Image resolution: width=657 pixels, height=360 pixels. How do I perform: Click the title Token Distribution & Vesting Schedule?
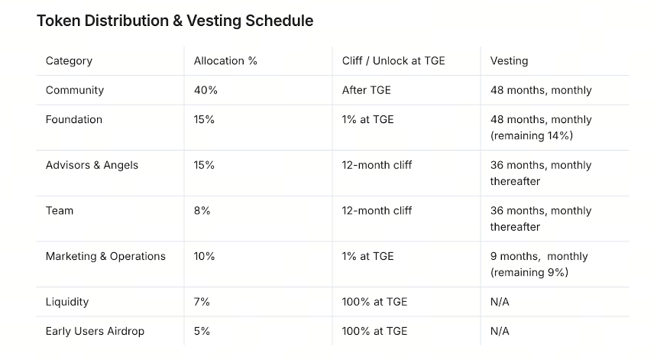pos(175,21)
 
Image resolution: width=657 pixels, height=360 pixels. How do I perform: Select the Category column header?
pos(69,61)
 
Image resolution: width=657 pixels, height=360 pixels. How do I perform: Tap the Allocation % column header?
pos(225,61)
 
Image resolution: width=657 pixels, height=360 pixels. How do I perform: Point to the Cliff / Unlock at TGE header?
pos(393,61)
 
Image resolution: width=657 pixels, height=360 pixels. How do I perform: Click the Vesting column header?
pos(509,61)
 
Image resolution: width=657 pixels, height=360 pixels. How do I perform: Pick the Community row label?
pos(75,90)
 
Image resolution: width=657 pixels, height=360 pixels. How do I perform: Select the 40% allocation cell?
pos(206,90)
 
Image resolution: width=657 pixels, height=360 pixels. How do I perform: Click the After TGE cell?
pos(366,90)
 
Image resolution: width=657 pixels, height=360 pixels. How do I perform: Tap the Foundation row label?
pos(74,119)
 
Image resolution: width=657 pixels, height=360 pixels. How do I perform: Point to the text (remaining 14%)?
pos(531,136)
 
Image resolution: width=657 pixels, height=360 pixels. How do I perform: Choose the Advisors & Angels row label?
pos(92,165)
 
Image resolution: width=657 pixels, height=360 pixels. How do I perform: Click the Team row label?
pos(60,211)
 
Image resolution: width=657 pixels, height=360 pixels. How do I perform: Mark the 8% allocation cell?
pos(202,211)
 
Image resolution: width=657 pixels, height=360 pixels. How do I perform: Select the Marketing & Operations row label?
pos(105,257)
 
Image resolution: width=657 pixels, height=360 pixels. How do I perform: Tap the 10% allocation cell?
pos(204,257)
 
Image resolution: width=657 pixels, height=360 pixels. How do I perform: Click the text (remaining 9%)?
pos(529,272)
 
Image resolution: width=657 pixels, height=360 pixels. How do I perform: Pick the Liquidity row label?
pos(67,302)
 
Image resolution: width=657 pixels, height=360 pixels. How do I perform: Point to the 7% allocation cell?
pos(202,302)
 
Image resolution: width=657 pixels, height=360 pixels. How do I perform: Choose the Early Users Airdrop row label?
pos(95,331)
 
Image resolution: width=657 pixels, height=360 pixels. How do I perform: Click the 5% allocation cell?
pos(202,331)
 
